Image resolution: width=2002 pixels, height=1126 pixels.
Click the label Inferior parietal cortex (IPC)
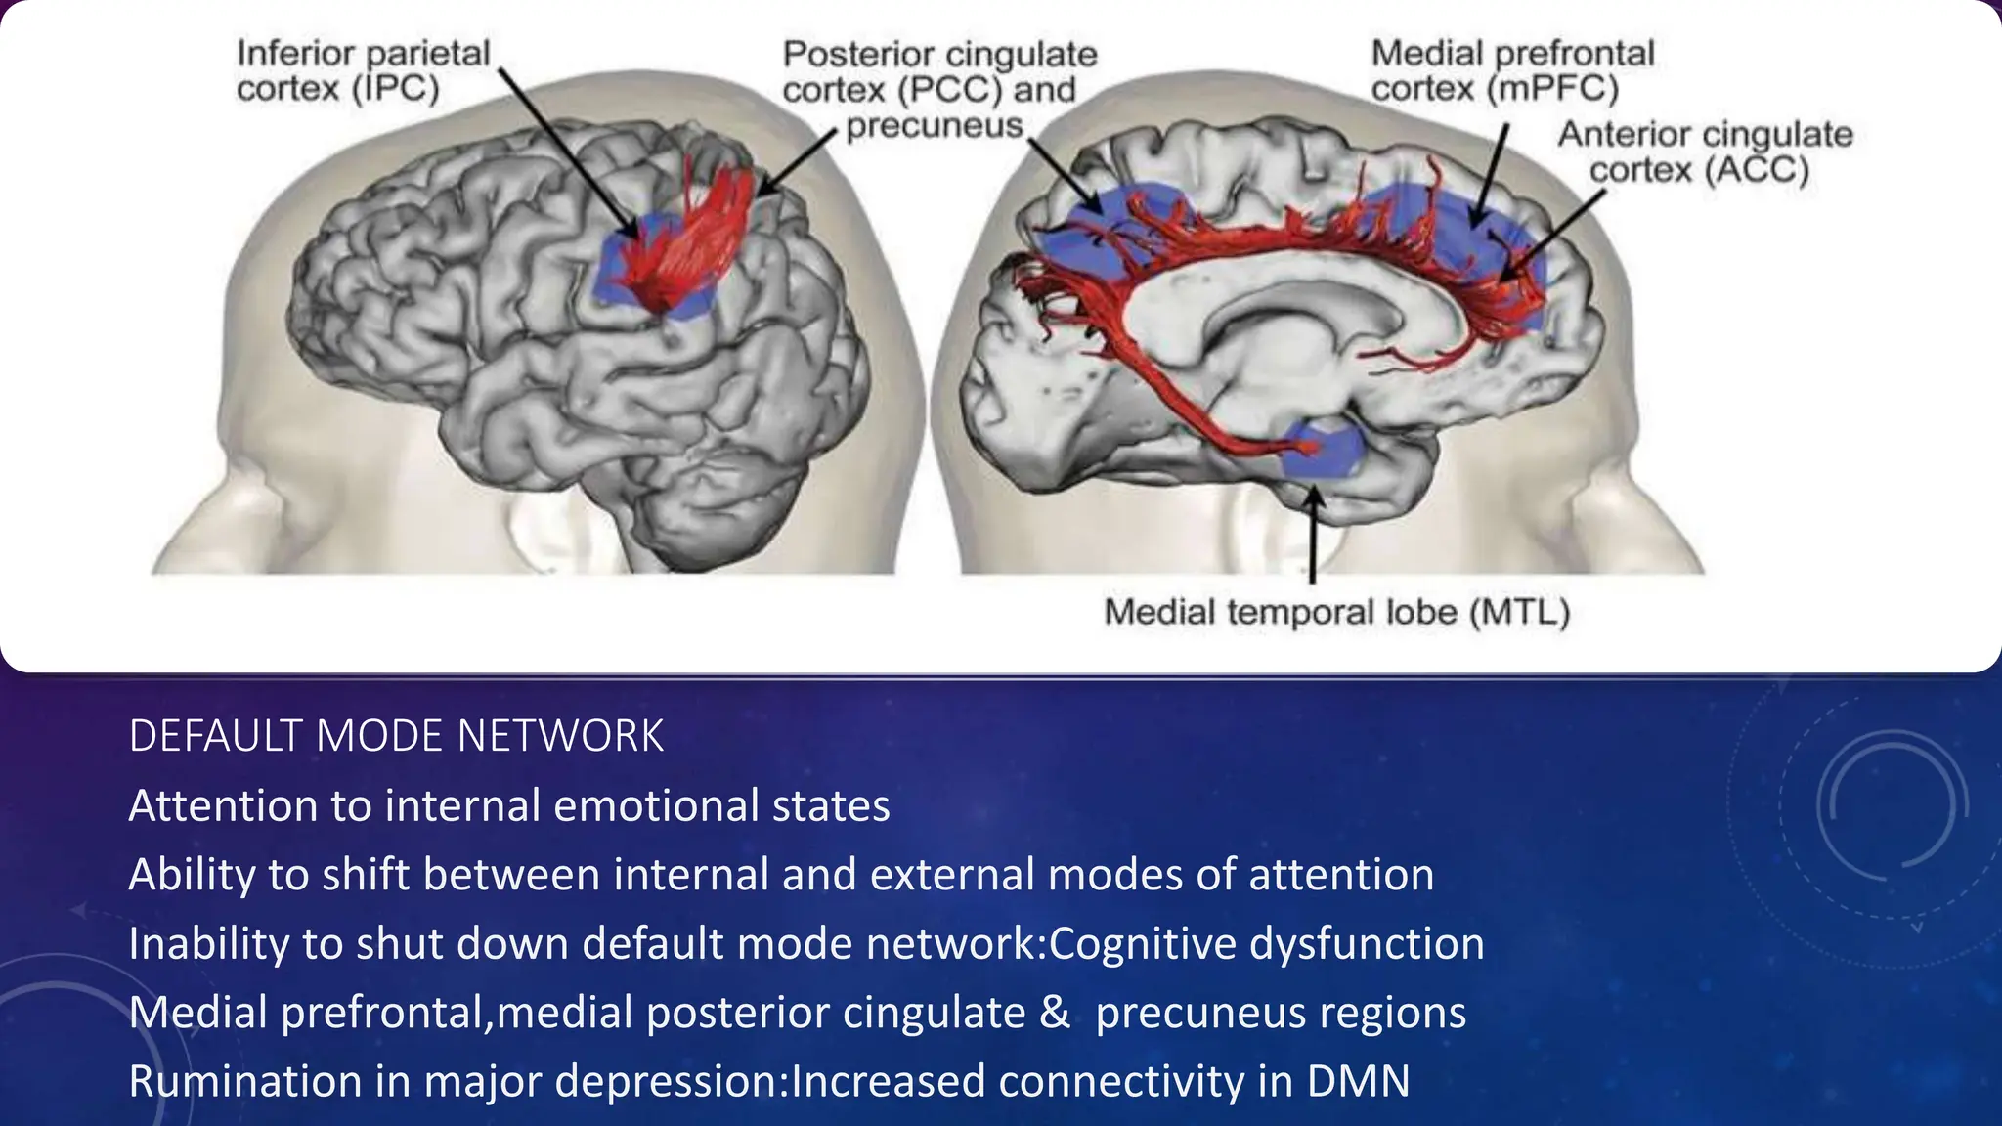pyautogui.click(x=363, y=70)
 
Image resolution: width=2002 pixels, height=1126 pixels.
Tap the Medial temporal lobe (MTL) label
pyautogui.click(x=1336, y=613)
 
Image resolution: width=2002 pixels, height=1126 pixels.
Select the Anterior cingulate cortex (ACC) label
pyautogui.click(x=1704, y=152)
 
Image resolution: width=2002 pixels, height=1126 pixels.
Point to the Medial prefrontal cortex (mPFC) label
pyautogui.click(x=1512, y=70)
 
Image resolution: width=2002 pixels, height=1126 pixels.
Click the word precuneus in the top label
pyautogui.click(x=934, y=126)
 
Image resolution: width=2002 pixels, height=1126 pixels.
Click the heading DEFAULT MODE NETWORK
pyautogui.click(x=396, y=736)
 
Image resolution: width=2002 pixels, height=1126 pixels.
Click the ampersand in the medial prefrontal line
pyautogui.click(x=1055, y=1013)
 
